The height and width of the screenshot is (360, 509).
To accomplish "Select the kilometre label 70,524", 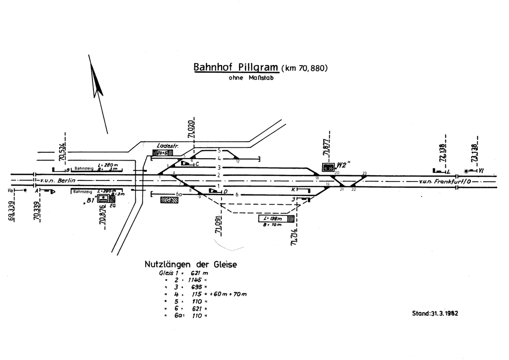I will [x=61, y=152].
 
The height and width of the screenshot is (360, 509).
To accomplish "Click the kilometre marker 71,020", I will [x=191, y=128].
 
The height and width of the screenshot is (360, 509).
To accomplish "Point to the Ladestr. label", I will [x=167, y=146].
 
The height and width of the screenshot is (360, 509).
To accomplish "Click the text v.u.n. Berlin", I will [x=60, y=180].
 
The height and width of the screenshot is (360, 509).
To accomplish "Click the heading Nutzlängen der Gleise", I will [x=190, y=265].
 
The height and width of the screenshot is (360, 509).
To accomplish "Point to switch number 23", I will [x=364, y=173].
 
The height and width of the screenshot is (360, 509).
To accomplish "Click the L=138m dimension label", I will [x=271, y=218].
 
